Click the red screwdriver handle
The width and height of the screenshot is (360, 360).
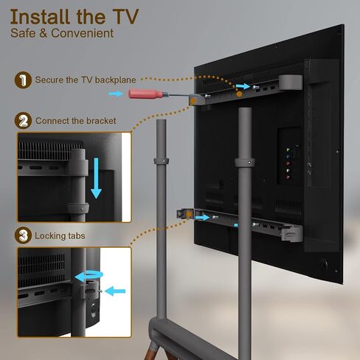[145, 94]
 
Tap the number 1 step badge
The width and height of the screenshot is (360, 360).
[23, 80]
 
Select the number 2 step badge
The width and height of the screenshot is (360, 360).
[23, 121]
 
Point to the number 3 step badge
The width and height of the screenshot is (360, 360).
[23, 235]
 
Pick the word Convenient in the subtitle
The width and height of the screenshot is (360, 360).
[83, 33]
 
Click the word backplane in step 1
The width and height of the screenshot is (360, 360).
[115, 80]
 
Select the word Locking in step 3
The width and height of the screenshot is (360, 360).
[50, 236]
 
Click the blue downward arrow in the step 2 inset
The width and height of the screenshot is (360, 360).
[96, 179]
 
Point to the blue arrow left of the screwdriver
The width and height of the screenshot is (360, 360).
[115, 94]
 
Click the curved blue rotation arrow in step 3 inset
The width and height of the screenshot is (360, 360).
[89, 276]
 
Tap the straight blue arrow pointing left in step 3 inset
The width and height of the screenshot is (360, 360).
[115, 291]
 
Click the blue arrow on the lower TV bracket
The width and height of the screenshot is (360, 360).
[202, 218]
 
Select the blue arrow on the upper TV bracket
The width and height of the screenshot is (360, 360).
[243, 86]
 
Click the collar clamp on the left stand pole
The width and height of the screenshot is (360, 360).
[162, 161]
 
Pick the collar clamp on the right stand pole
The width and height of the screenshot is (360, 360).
[245, 162]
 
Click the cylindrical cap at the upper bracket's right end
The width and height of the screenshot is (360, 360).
[291, 83]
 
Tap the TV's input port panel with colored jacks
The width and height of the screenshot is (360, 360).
[290, 156]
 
